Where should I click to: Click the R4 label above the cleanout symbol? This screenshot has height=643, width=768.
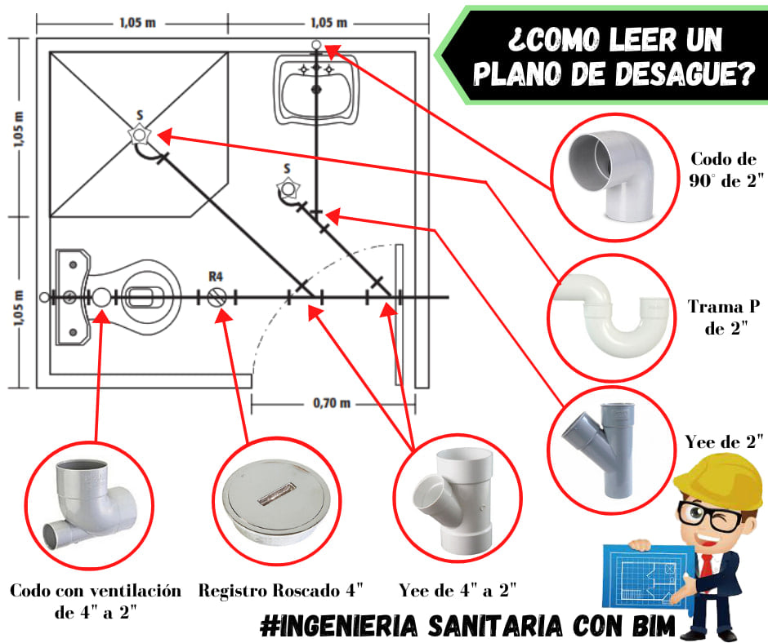click(216, 277)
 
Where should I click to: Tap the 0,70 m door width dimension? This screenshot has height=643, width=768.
click(332, 403)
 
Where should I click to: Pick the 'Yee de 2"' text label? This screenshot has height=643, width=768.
click(724, 441)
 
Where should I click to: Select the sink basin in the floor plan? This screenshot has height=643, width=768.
click(316, 91)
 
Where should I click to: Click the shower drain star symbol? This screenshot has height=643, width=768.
click(139, 134)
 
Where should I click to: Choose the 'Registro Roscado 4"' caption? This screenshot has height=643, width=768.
click(281, 591)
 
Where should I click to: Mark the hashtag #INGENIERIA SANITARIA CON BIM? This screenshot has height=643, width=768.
click(467, 626)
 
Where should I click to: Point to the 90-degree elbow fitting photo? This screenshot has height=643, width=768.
click(611, 175)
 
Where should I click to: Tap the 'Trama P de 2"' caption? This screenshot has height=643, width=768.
click(724, 317)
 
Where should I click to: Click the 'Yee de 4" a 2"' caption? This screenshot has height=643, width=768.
click(458, 591)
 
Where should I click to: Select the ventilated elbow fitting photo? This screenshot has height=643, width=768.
click(91, 504)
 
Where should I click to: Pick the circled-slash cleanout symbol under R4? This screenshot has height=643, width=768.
click(217, 297)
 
